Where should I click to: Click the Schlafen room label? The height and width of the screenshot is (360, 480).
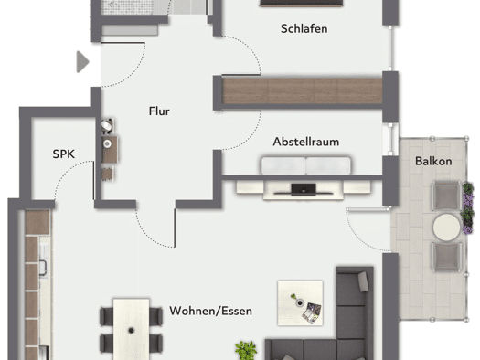[304, 28]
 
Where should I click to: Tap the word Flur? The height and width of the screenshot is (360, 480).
[159, 111]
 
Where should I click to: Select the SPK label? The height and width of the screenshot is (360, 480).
[64, 154]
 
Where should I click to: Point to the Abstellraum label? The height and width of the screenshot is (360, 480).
[306, 142]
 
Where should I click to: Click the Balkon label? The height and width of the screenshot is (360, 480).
[433, 161]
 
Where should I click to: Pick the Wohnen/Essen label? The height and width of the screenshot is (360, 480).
[211, 311]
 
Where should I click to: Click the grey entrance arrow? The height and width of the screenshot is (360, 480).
[82, 62]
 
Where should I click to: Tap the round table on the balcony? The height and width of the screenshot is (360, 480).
[447, 227]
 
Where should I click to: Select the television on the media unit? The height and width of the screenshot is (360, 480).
[304, 190]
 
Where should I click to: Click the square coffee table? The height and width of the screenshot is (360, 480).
[300, 302]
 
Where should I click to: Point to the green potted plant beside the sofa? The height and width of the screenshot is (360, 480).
[246, 351]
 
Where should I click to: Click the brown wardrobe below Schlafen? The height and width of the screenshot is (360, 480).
[302, 91]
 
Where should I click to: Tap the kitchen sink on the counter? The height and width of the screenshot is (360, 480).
[43, 264]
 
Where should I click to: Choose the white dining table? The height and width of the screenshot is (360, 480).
[132, 329]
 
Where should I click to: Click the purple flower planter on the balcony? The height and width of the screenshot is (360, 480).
[468, 208]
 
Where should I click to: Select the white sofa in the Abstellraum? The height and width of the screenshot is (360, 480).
[306, 166]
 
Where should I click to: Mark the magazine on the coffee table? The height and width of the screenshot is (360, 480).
[312, 312]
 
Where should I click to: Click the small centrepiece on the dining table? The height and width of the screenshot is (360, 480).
[132, 331]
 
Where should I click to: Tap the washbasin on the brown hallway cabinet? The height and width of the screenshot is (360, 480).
[107, 143]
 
